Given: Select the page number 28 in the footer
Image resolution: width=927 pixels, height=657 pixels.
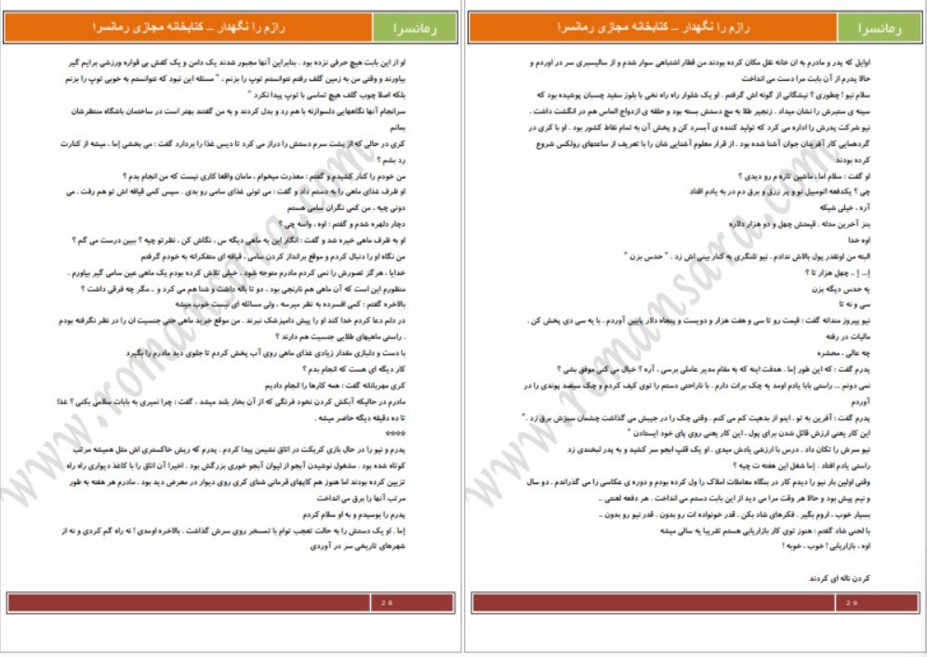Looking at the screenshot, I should (x=386, y=602).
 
